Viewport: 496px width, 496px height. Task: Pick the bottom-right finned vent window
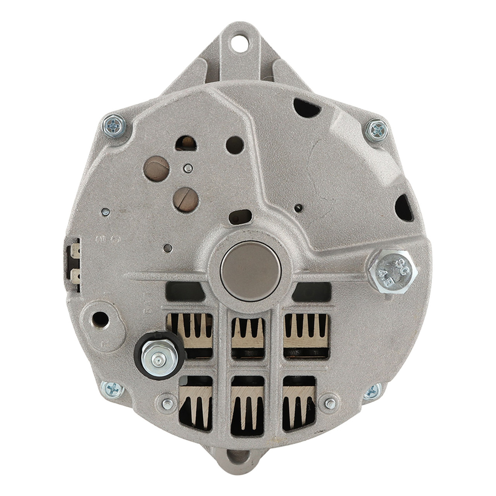[x=300, y=403]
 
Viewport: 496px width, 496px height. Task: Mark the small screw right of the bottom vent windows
[x=330, y=403]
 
